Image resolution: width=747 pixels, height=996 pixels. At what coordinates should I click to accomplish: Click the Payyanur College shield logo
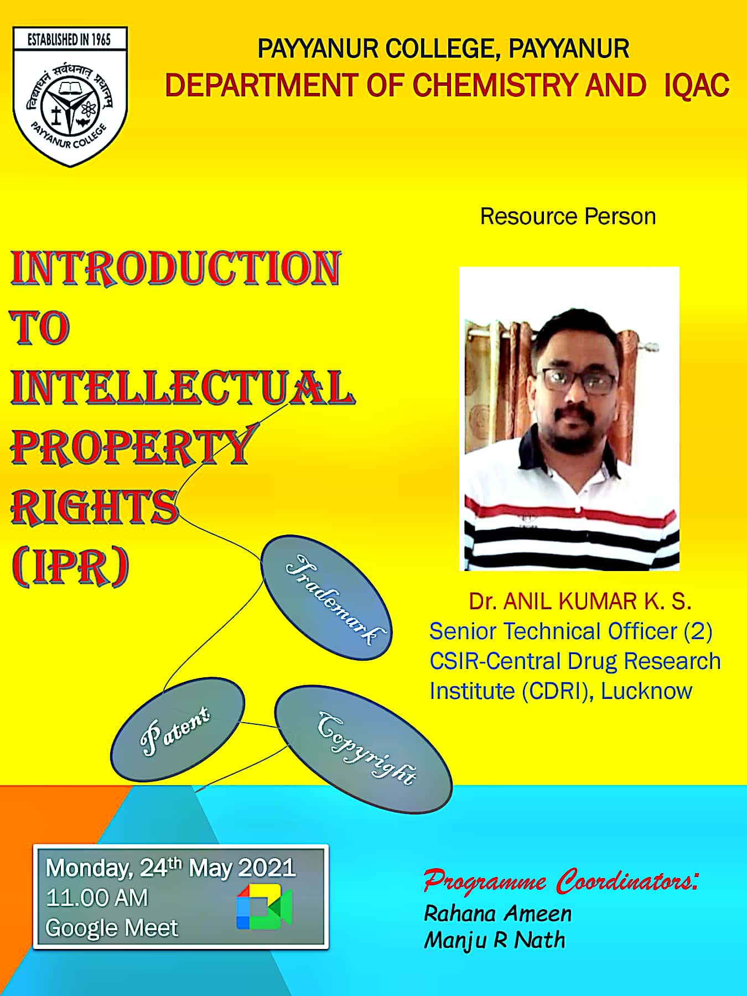pyautogui.click(x=70, y=97)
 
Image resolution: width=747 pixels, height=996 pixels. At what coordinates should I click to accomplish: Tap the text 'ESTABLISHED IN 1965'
pyautogui.click(x=70, y=39)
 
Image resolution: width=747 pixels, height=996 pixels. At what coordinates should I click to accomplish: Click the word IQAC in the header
pyautogui.click(x=697, y=86)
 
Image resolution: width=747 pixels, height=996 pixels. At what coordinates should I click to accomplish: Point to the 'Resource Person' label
pyautogui.click(x=568, y=216)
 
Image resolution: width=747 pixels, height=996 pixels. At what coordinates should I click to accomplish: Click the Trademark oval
pyautogui.click(x=326, y=598)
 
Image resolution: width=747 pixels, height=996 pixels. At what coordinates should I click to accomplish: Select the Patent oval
pyautogui.click(x=177, y=729)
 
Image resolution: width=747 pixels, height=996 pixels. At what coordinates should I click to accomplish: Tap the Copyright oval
pyautogui.click(x=364, y=749)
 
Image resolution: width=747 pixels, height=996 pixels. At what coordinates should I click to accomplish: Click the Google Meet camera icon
pyautogui.click(x=264, y=907)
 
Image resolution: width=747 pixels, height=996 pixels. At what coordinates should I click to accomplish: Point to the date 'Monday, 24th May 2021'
pyautogui.click(x=170, y=868)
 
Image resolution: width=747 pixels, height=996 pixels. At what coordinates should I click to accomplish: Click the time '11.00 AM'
pyautogui.click(x=97, y=898)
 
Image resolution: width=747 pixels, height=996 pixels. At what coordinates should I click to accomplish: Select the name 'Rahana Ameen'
pyautogui.click(x=497, y=914)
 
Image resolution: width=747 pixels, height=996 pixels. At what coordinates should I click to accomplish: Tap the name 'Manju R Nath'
pyautogui.click(x=495, y=941)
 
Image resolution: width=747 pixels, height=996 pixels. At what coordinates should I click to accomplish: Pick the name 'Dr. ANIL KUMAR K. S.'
pyautogui.click(x=580, y=601)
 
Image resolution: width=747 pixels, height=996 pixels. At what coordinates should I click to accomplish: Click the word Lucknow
pyautogui.click(x=646, y=691)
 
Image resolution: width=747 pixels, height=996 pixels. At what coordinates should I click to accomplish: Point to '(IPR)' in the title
pyautogui.click(x=70, y=567)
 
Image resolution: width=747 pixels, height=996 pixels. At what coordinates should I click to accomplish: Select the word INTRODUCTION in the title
pyautogui.click(x=175, y=268)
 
